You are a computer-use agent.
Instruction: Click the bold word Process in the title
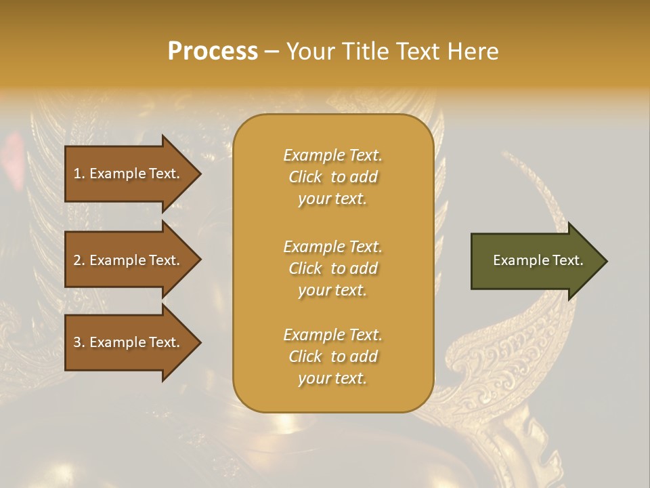(x=213, y=52)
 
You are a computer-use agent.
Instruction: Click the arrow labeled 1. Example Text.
(x=129, y=174)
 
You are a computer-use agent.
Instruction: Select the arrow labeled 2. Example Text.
(x=129, y=260)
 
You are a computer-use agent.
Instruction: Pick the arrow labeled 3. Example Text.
(x=129, y=342)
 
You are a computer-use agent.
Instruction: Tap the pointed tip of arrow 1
(x=199, y=174)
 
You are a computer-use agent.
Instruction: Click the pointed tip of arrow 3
(x=199, y=342)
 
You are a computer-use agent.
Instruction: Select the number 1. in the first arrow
(x=79, y=174)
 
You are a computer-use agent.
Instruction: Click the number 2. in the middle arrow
(x=79, y=260)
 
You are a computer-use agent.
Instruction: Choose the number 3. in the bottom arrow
(x=79, y=342)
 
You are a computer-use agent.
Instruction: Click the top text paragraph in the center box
(x=332, y=177)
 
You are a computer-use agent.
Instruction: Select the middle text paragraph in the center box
(x=332, y=268)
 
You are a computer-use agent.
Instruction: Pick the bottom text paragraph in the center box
(x=332, y=357)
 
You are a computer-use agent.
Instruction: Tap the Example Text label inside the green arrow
(x=538, y=260)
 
